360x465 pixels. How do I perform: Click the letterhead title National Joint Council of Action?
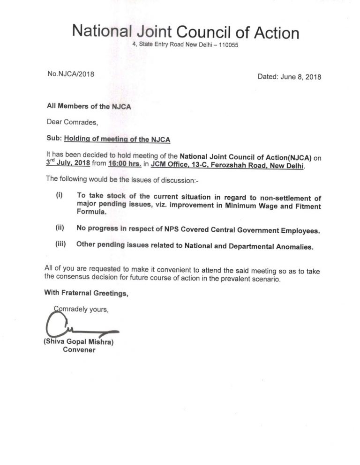tap(185, 32)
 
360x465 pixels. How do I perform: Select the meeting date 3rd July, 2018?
tap(66, 162)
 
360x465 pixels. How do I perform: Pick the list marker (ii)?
tap(60, 228)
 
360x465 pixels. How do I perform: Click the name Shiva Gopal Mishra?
tap(79, 342)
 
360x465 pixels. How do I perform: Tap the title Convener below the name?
tap(79, 350)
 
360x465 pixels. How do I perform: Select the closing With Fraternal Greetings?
tap(86, 294)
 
